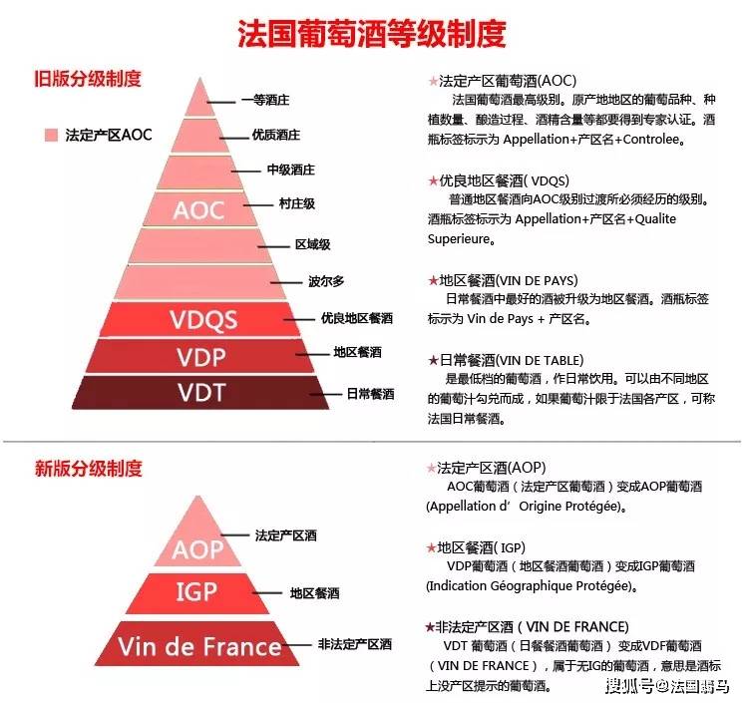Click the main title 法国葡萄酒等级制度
tap(372, 34)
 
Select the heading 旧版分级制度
tap(88, 79)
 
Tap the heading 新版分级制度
tap(88, 469)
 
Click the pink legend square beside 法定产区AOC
tap(51, 135)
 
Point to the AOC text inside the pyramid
tap(198, 210)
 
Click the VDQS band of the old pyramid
tap(200, 319)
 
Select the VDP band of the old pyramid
tap(199, 356)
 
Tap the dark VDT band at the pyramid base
tap(200, 392)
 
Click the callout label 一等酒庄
tap(265, 100)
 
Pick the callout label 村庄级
tap(297, 204)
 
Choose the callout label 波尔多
tap(326, 281)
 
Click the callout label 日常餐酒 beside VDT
tap(370, 394)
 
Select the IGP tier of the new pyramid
tap(197, 593)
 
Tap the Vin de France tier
tap(197, 644)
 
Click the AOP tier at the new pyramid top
tap(197, 536)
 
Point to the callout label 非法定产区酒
tap(355, 644)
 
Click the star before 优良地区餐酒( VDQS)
tap(433, 180)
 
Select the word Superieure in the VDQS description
tap(458, 239)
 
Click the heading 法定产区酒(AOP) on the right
tap(491, 469)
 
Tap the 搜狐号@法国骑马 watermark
tap(667, 686)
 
